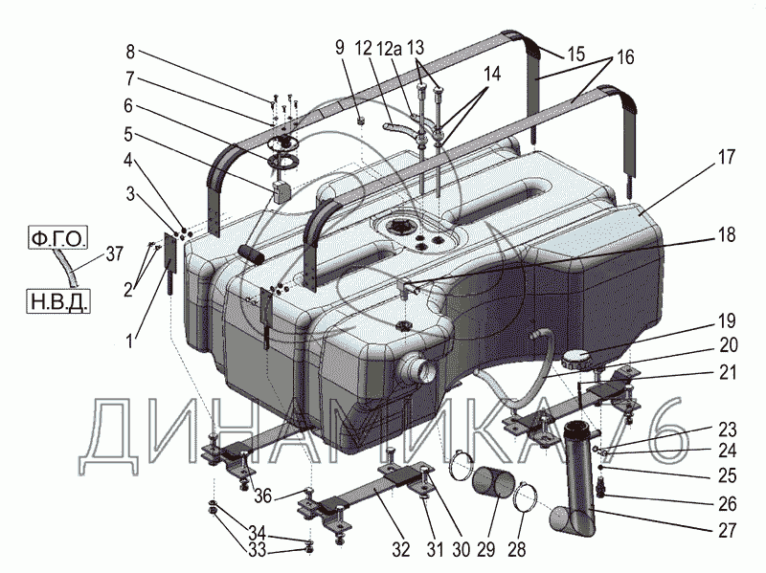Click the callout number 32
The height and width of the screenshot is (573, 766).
click(x=400, y=549)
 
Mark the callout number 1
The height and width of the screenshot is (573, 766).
click(x=130, y=335)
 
